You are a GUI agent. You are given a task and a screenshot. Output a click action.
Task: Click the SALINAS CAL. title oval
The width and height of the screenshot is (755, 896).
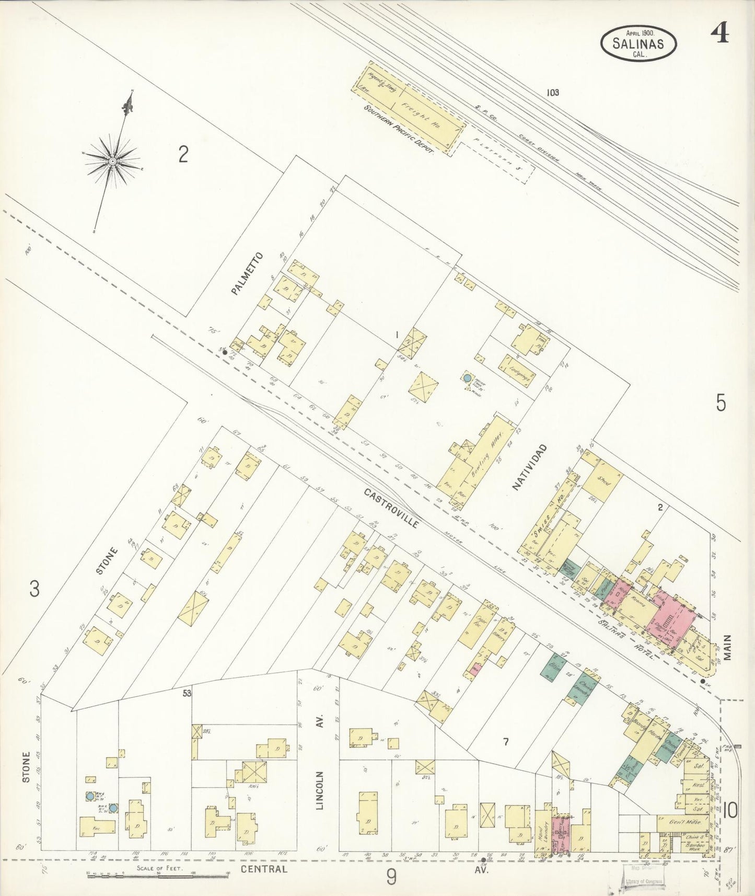[x=638, y=43]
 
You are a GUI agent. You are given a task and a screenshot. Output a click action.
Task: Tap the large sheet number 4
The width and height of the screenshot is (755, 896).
[x=720, y=35]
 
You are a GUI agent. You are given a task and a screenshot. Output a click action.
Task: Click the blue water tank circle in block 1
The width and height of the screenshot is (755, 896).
[x=467, y=377]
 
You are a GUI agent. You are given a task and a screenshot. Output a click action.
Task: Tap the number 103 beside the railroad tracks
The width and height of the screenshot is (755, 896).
[x=553, y=93]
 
